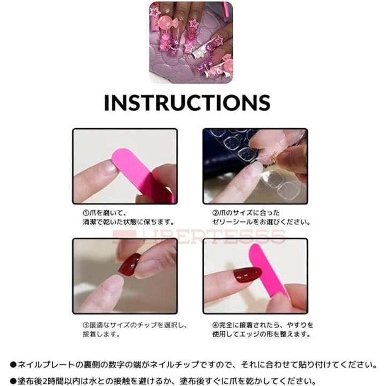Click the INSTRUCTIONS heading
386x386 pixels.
[187, 102]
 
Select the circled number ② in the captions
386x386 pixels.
[216, 213]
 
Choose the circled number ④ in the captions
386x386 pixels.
[216, 325]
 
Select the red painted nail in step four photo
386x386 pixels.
[247, 275]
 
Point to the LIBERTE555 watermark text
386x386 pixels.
[198, 236]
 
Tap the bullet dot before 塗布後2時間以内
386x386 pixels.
[13, 381]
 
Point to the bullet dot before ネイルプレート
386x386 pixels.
[13, 365]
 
